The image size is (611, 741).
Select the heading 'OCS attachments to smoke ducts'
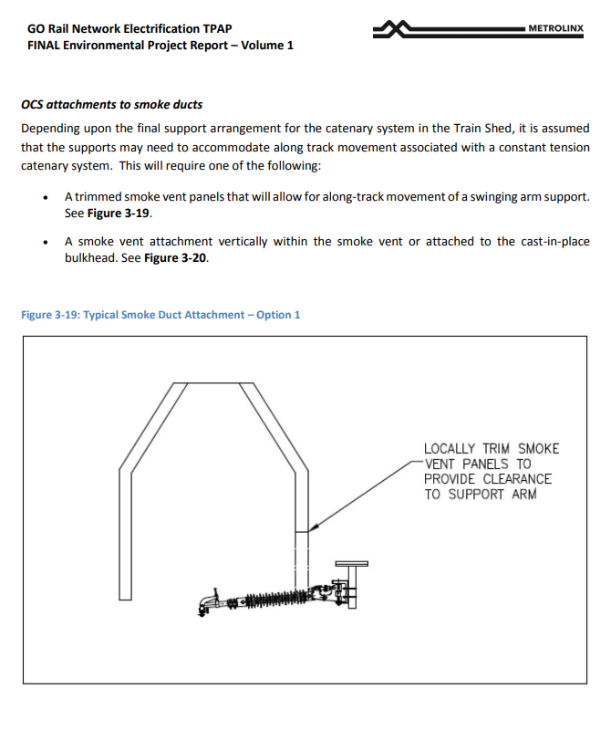coord(111,105)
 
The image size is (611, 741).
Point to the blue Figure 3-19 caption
coord(161,315)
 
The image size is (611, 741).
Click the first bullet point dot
coord(46,197)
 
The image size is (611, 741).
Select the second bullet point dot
coord(46,242)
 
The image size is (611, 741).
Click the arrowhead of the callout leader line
coord(312,527)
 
